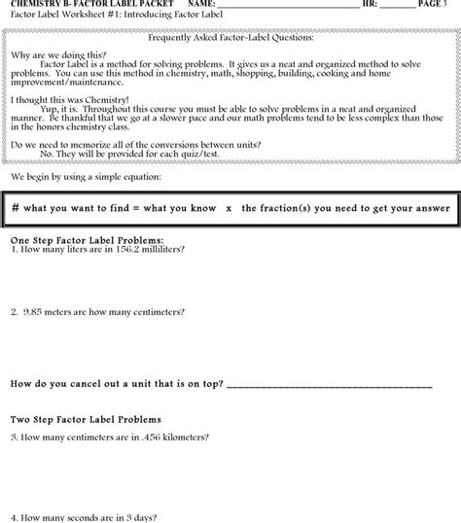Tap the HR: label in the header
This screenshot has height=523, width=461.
point(369,5)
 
